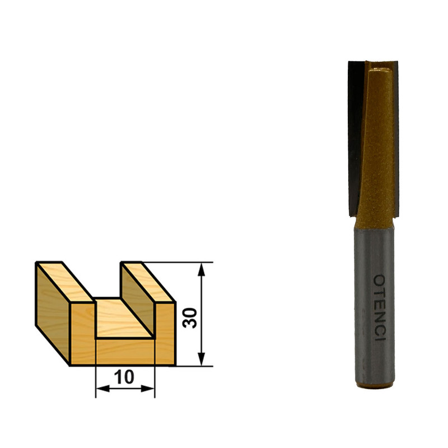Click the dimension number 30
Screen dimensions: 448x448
tap(190, 318)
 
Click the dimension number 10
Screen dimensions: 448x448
tap(124, 376)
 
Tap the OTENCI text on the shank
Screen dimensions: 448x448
tap(380, 307)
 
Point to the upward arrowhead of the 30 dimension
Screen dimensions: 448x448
tap(202, 269)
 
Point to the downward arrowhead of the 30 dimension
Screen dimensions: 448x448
tap(202, 358)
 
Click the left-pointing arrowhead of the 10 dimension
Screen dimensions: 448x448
tap(103, 389)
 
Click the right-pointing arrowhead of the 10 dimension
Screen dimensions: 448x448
tap(148, 389)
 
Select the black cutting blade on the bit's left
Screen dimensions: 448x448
tap(355, 138)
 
